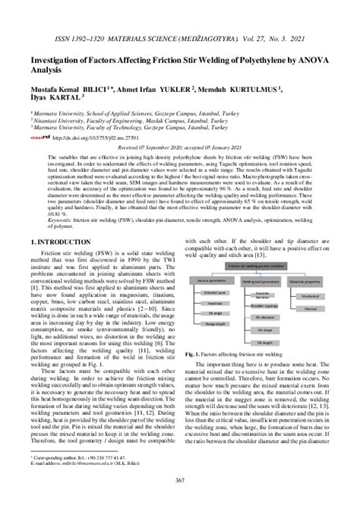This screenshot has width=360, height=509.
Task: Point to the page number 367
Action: (179, 498)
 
